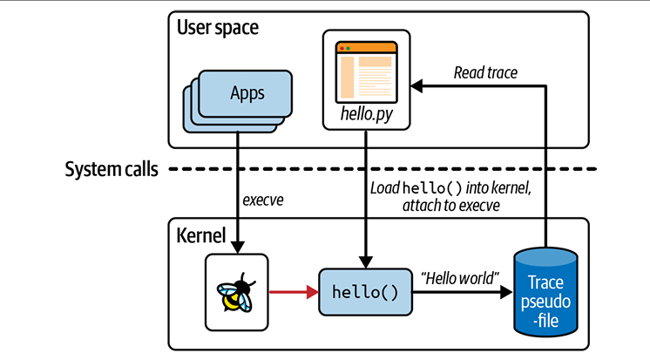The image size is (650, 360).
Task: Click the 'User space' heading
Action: [x=218, y=28]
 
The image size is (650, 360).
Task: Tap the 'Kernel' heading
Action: [x=201, y=234]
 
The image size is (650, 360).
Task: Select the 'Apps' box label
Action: [x=247, y=93]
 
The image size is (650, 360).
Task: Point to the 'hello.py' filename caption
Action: [x=366, y=115]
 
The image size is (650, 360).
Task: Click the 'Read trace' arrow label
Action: [x=485, y=72]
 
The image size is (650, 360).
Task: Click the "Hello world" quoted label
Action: [x=460, y=278]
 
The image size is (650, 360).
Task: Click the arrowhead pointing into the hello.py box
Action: [x=416, y=85]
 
